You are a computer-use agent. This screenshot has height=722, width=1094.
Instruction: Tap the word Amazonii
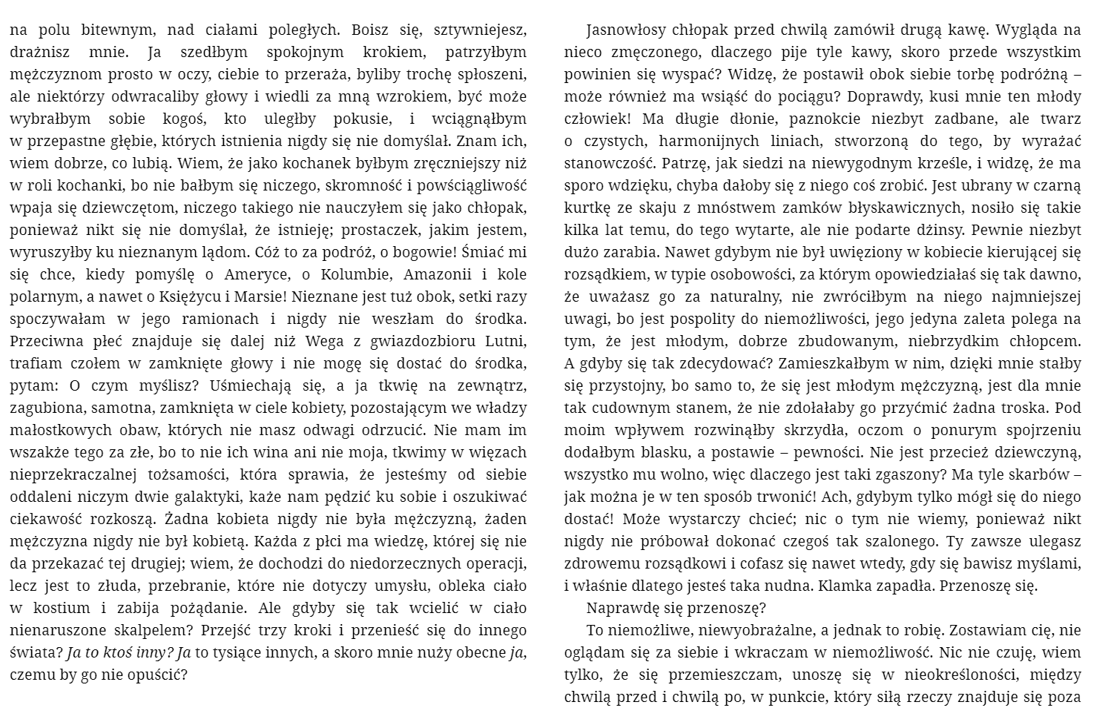(x=438, y=274)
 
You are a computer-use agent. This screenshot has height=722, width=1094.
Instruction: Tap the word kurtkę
(x=586, y=208)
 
